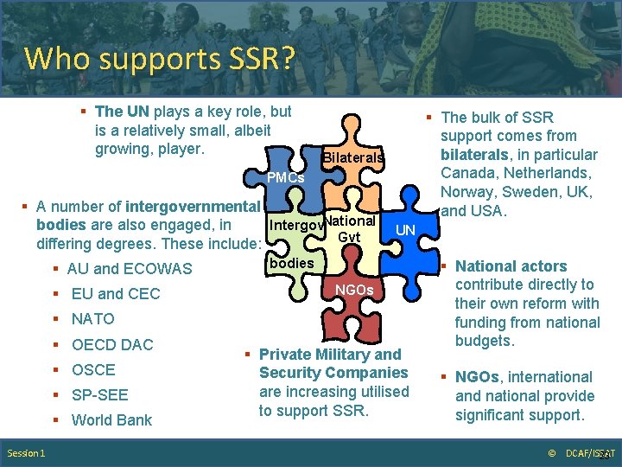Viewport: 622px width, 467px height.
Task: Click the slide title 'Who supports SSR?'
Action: (x=160, y=59)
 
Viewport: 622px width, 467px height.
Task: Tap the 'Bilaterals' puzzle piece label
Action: (x=352, y=158)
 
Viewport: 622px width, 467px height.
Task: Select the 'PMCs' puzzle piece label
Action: (x=285, y=178)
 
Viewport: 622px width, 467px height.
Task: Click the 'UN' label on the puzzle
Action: (x=405, y=231)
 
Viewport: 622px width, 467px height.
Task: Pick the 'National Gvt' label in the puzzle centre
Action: (x=350, y=229)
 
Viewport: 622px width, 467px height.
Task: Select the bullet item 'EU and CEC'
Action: (x=116, y=294)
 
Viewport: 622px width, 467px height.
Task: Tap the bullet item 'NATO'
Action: (x=92, y=319)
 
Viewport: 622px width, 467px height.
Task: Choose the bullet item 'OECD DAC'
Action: (x=112, y=345)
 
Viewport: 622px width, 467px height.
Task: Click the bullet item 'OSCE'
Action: (x=93, y=370)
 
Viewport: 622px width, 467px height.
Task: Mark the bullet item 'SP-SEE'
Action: (x=99, y=395)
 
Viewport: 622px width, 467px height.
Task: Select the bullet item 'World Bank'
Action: (x=111, y=420)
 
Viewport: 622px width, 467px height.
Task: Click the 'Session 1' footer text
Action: (x=27, y=453)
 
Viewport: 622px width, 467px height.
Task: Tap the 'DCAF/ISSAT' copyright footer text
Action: (x=587, y=453)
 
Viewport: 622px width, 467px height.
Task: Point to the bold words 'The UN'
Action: (x=122, y=112)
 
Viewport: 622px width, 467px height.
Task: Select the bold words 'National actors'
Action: (x=511, y=266)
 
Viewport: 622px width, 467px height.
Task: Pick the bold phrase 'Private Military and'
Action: (x=330, y=355)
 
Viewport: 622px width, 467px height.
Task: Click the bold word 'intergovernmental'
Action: (x=193, y=207)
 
